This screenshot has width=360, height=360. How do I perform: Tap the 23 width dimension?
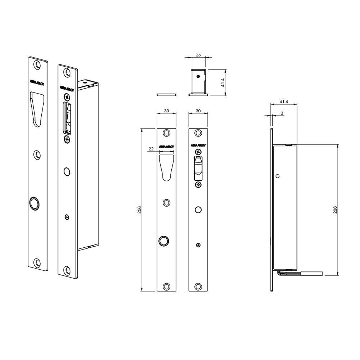point(198,55)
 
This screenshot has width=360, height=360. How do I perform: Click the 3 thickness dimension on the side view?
point(282,113)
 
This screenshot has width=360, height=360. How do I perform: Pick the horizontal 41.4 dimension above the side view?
point(284,102)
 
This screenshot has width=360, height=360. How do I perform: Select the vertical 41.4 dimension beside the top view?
point(223,82)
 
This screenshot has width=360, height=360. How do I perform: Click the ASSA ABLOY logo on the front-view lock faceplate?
point(198,145)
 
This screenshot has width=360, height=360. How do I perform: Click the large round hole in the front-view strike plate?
point(164,240)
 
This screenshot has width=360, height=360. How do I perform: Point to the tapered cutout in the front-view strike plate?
point(166,166)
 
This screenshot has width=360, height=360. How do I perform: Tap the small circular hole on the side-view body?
point(278,176)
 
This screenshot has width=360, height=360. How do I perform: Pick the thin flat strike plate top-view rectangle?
point(166,95)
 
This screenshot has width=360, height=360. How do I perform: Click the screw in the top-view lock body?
point(198,76)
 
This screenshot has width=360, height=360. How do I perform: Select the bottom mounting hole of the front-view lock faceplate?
point(198,287)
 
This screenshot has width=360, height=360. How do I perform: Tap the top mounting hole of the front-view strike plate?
point(166,133)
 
